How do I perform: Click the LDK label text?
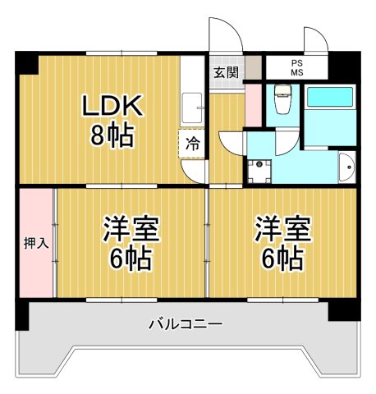(x=113, y=107)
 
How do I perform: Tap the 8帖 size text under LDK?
(x=113, y=135)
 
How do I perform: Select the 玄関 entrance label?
(x=226, y=71)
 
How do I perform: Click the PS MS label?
(x=296, y=68)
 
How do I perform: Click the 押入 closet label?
(x=35, y=244)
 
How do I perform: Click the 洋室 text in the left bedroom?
(x=130, y=230)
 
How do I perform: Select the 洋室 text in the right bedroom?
(x=282, y=228)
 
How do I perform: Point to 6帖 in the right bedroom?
(x=282, y=259)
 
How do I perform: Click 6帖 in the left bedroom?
(x=130, y=259)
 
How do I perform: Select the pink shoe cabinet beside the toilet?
(x=253, y=104)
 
